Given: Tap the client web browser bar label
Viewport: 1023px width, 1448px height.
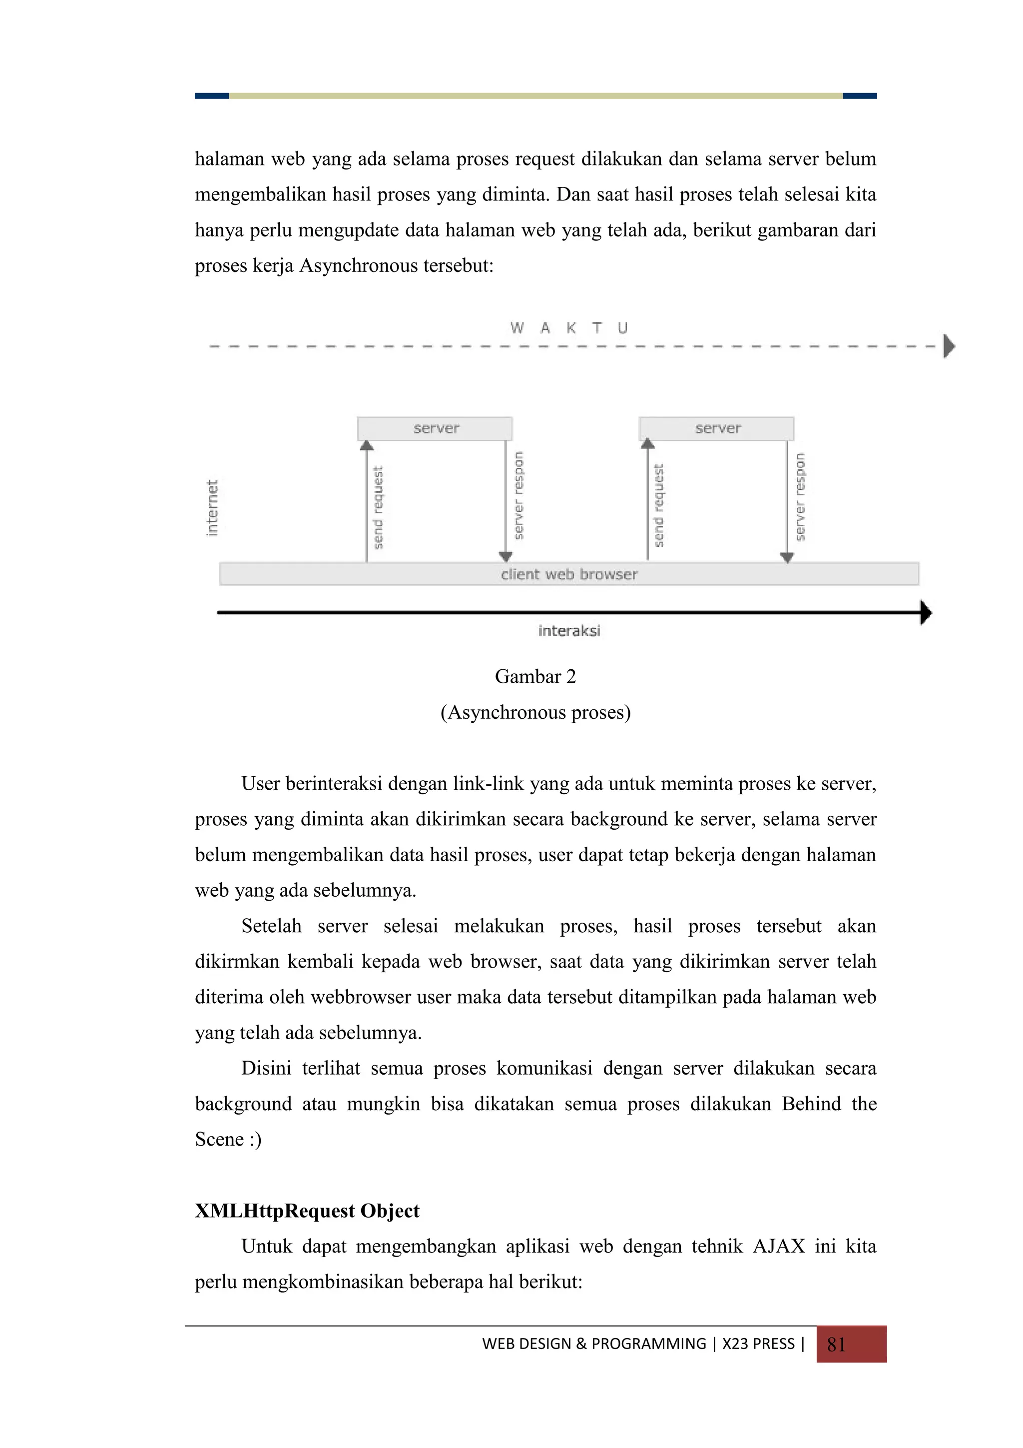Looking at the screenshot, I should [x=568, y=574].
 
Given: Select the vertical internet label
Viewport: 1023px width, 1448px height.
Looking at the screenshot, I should [x=212, y=508].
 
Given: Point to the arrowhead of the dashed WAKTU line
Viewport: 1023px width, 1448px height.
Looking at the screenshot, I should [x=949, y=346].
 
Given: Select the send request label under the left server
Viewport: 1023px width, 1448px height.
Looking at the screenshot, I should [x=378, y=508].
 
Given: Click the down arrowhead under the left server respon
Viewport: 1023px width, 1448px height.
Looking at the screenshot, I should [x=506, y=556].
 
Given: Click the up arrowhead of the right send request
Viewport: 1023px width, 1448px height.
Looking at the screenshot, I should [x=647, y=444].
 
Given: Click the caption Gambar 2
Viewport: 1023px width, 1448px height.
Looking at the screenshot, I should [x=535, y=677].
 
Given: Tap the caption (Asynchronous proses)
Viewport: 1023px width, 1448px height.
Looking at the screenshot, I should [x=535, y=713].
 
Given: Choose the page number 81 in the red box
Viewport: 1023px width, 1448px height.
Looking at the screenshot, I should [x=836, y=1345].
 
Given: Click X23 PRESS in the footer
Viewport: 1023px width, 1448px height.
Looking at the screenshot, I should [x=758, y=1344].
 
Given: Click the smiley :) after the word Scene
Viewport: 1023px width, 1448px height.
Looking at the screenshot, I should [x=255, y=1140].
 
